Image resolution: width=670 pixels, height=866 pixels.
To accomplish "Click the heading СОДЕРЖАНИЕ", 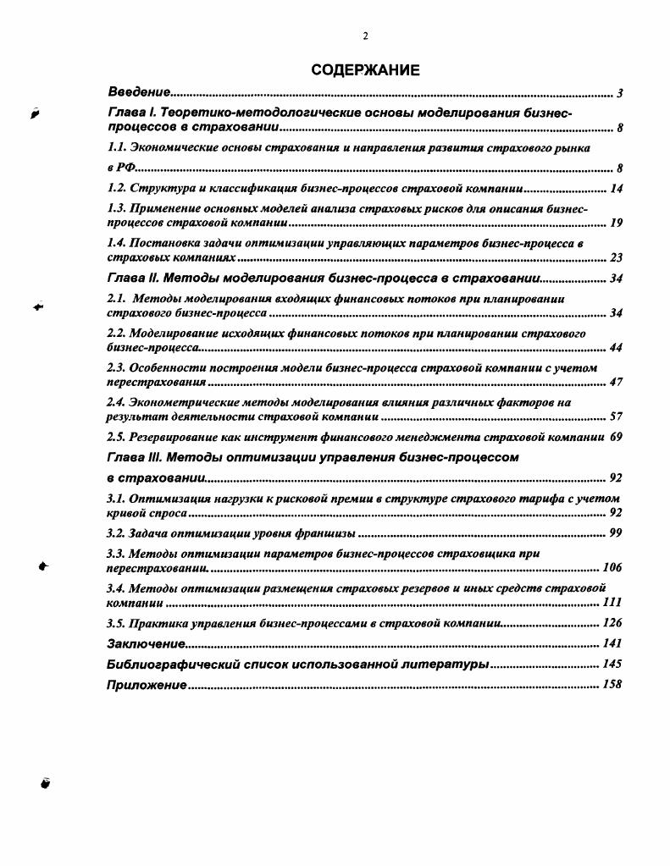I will pos(365,71).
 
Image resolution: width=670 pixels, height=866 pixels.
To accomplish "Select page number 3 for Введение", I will pos(620,92).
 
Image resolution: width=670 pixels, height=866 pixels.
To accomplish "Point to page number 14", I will pos(616,189).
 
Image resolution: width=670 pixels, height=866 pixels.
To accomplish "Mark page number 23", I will pos(616,258).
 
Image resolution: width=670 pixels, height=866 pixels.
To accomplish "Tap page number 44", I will pos(616,348).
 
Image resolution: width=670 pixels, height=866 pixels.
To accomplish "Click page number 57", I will pos(616,417).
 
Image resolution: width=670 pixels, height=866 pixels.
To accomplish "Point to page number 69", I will pos(616,438).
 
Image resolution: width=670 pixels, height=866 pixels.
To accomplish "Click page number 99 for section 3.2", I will pos(616,532).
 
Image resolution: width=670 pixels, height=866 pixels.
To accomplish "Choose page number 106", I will pos(612,567).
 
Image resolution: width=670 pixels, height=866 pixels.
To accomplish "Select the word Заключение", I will pos(147,644).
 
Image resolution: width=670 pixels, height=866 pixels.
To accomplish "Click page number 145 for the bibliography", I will pos(612,665).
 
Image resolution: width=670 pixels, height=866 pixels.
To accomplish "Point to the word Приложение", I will pos(147,685).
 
